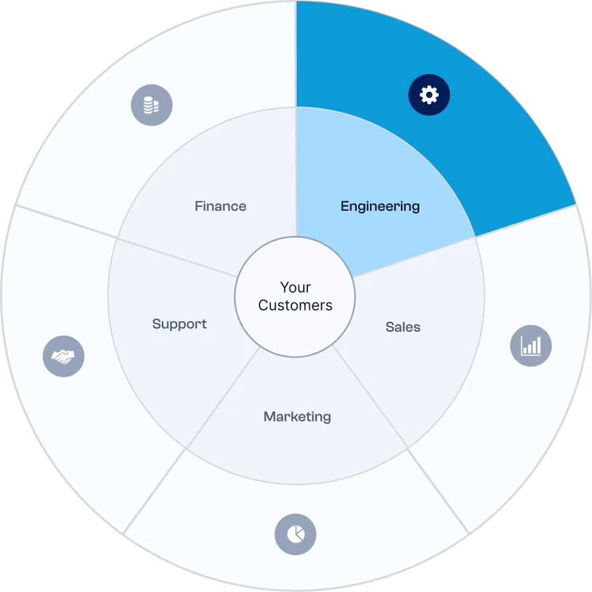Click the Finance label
(220, 206)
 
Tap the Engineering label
(380, 206)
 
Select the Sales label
(402, 327)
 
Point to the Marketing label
(297, 417)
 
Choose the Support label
(179, 324)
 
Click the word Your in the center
(295, 287)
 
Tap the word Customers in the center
(295, 305)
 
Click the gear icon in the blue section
(429, 95)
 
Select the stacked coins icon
(151, 104)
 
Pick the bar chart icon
(531, 346)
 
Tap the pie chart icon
(295, 534)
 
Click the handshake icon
(63, 357)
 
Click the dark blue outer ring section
(502, 132)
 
